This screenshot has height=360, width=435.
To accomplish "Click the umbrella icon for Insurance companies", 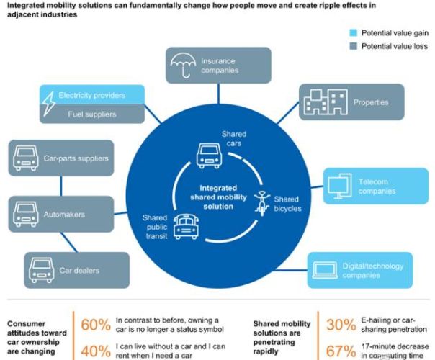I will (183, 66).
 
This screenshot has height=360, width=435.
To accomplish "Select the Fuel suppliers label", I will (91, 114).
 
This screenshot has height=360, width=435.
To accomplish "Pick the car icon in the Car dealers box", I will (42, 271).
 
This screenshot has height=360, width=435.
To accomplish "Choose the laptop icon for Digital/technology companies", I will (325, 270).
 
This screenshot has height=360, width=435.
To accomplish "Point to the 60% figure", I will (95, 325).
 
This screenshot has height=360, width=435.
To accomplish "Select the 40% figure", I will (95, 351).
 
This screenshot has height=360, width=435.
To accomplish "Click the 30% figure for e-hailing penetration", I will (342, 325).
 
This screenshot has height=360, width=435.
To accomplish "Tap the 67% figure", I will (342, 351).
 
